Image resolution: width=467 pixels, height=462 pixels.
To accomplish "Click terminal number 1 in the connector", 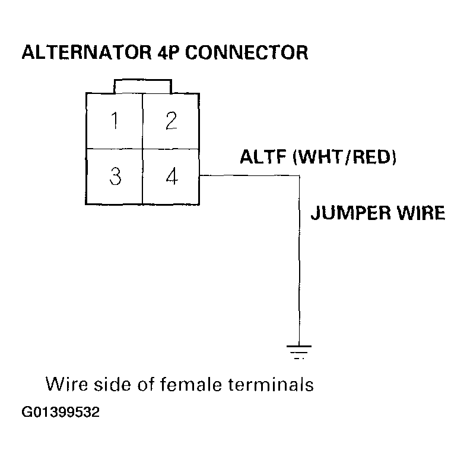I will [x=115, y=121].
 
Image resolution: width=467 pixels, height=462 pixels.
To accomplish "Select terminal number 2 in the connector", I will [x=171, y=121].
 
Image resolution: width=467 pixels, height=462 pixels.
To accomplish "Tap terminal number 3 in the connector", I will [x=115, y=177].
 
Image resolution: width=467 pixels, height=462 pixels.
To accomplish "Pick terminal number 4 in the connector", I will [x=171, y=177].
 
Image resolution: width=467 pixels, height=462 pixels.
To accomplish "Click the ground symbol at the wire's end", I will [x=299, y=351].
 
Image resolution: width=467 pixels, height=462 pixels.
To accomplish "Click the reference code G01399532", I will [x=61, y=412].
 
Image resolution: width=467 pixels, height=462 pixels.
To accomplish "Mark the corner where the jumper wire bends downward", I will [x=299, y=175].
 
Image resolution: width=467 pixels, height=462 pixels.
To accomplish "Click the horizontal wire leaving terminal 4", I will [x=249, y=175].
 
